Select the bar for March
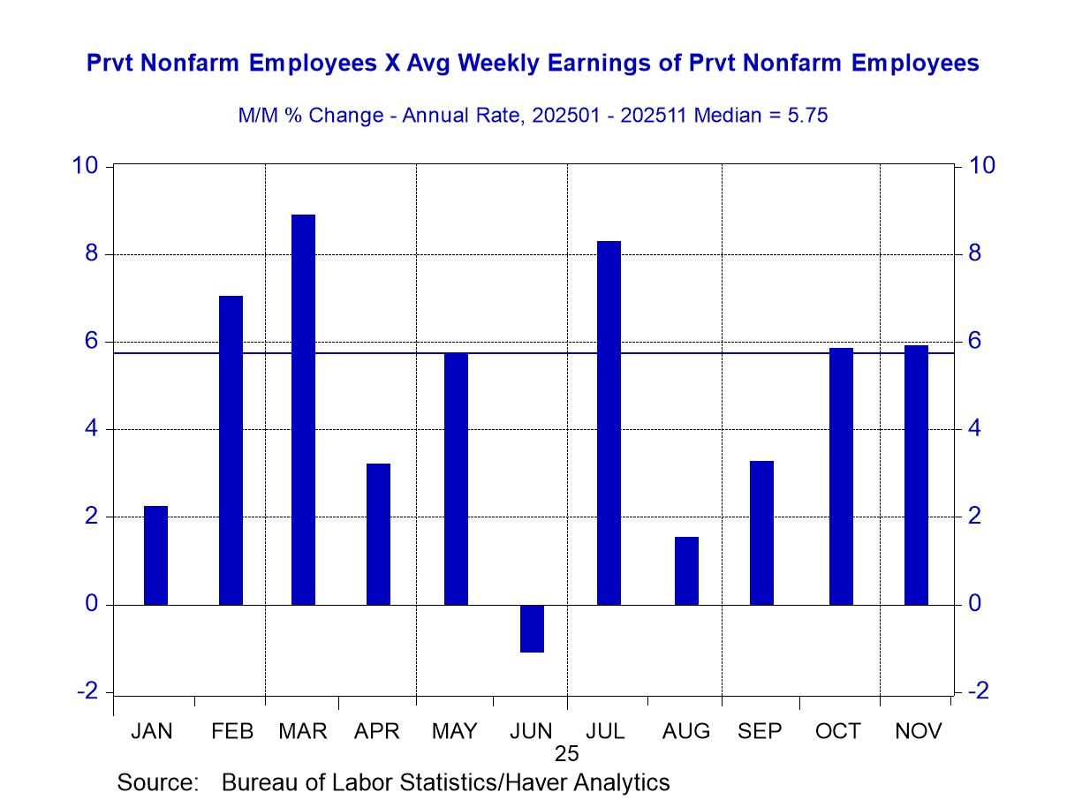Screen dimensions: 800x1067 pos(303,410)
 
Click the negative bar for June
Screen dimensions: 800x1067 pos(532,628)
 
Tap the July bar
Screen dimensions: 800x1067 pos(609,423)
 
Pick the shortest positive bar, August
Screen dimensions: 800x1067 pos(686,570)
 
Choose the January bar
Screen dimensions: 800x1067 pos(155,555)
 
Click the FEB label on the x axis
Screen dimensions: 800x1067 pos(232,731)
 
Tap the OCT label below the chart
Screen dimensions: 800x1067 pos(837,731)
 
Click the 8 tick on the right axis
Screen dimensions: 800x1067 pos(973,254)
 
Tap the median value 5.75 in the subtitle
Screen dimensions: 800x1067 pos(803,116)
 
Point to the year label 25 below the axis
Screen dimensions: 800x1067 pos(566,753)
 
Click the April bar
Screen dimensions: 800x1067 pos(378,533)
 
